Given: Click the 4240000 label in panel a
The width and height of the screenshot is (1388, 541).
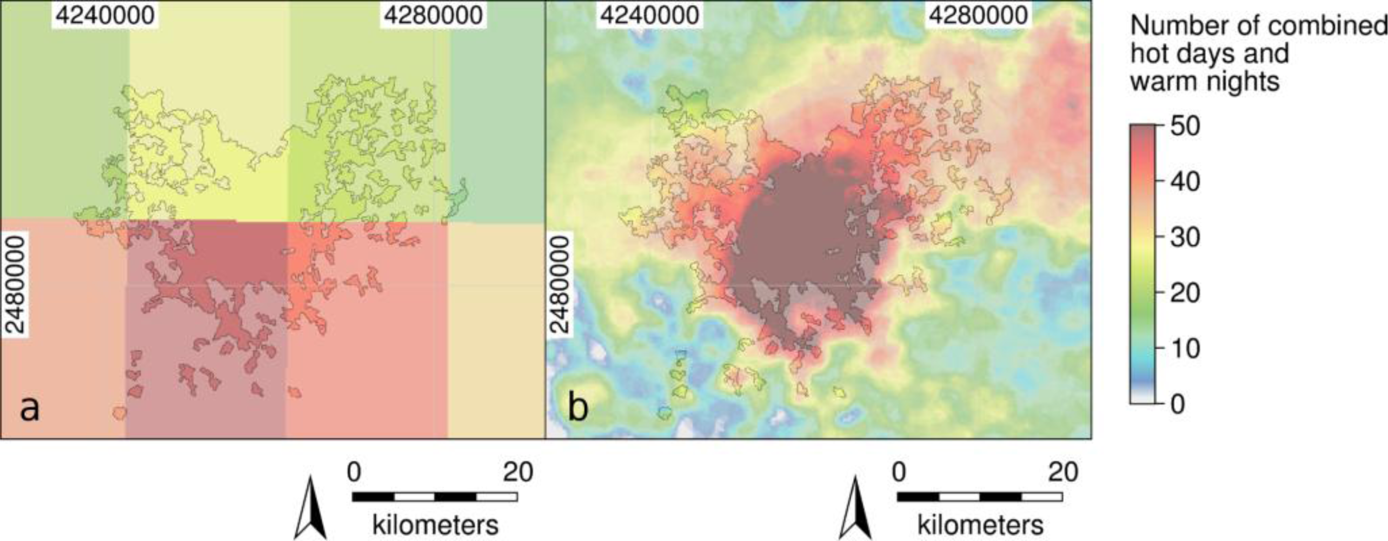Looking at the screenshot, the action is (x=105, y=15).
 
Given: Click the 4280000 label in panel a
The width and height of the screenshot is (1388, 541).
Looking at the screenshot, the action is (x=433, y=15).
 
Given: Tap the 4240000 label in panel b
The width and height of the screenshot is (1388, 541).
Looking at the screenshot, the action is (x=650, y=15).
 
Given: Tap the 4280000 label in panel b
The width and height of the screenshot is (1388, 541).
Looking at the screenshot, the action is (x=978, y=15).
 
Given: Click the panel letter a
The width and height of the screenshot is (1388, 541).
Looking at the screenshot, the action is (x=29, y=409).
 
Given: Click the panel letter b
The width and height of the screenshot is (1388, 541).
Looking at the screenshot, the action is (x=577, y=409).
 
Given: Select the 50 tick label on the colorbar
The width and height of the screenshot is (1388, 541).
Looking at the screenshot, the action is (x=1185, y=126).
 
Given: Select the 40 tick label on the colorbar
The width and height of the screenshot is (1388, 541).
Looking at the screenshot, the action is (x=1185, y=182).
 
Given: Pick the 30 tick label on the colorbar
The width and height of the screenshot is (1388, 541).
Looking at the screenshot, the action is (x=1185, y=237).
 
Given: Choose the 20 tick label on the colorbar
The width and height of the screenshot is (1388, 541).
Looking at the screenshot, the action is (x=1185, y=293).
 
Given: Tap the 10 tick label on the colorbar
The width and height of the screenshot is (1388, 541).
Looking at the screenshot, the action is (x=1185, y=349).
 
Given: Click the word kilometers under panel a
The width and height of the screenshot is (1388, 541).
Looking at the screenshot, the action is (x=435, y=525).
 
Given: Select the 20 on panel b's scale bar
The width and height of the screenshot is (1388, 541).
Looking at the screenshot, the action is (x=1063, y=472).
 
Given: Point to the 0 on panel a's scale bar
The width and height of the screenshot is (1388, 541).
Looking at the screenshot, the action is (x=354, y=472).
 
